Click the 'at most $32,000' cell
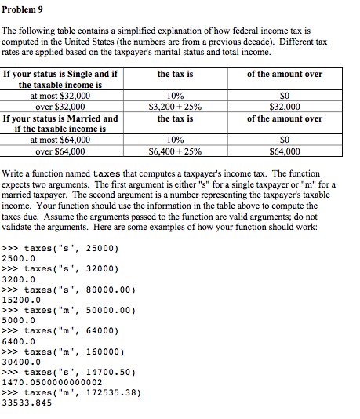click(x=60, y=96)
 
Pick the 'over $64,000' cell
click(x=60, y=151)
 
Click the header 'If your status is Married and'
click(x=60, y=118)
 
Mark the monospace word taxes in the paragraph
click(x=106, y=173)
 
